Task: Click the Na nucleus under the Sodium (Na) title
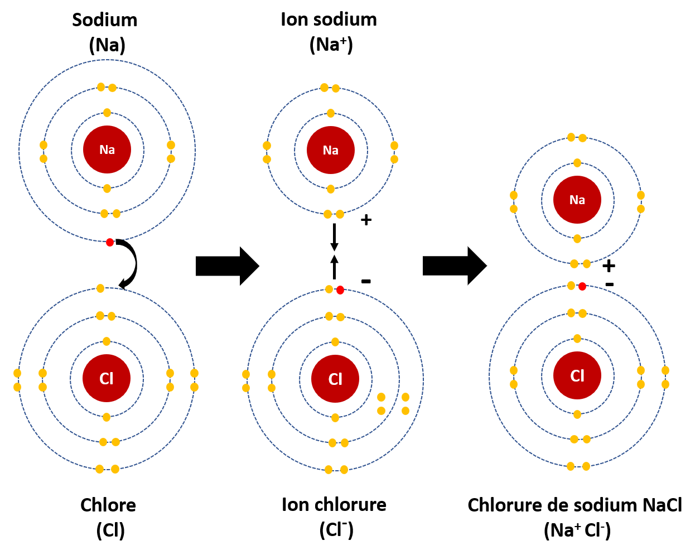pos(107,149)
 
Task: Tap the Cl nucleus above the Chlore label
pos(107,379)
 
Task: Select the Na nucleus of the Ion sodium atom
pos(331,150)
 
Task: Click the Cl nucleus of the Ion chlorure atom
pos(335,379)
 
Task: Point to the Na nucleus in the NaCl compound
pos(577,200)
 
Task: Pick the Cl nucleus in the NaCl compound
pos(577,376)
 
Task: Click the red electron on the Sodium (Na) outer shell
pos(110,242)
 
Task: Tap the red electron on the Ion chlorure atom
pos(340,290)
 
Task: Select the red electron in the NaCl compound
pos(582,286)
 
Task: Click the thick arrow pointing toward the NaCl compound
pos(454,266)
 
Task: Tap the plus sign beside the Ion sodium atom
pos(366,220)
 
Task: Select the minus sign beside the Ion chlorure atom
pos(366,281)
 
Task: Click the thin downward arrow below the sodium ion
pos(334,237)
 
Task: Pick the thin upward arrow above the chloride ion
pos(334,267)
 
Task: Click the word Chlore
pos(108,505)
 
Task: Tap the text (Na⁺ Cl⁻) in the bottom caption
pos(577,530)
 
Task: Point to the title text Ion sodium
pos(329,20)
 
